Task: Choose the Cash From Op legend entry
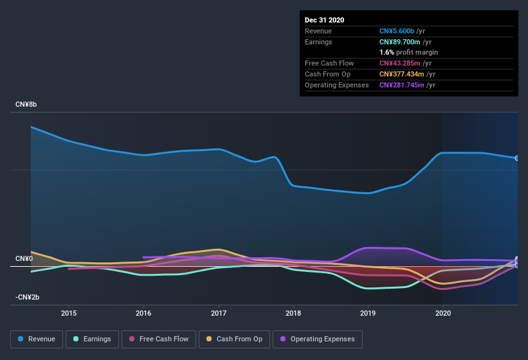233,339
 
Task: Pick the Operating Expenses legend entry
318,339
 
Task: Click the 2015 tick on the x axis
69,313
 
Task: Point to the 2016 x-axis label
143,313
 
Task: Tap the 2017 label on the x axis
219,313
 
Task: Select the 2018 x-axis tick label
293,313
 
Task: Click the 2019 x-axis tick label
368,313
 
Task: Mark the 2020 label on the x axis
443,313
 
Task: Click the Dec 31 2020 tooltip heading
325,20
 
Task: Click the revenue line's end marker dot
516,158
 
